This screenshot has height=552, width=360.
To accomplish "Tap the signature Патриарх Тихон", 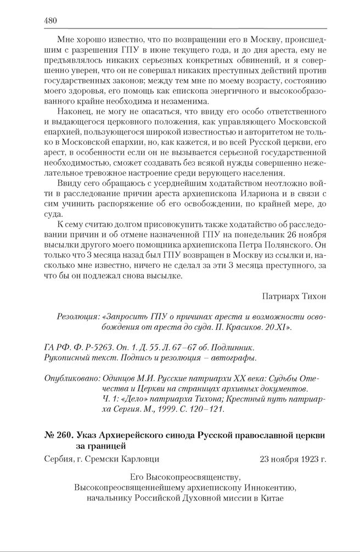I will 295,296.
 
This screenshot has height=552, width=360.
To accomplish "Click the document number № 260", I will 57,435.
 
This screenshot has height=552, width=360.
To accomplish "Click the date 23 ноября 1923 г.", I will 292,458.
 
